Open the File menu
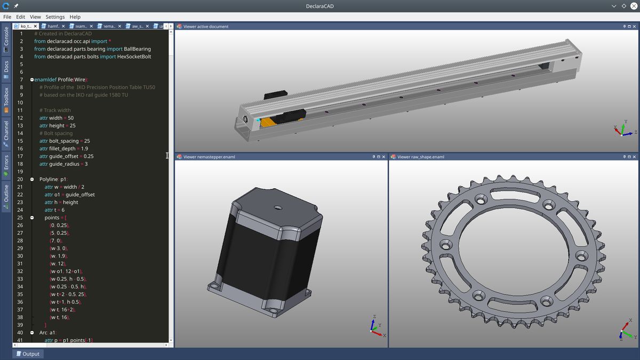coord(7,17)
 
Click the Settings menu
coord(55,17)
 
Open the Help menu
coord(75,17)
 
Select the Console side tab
coord(6,40)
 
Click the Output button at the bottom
coord(27,354)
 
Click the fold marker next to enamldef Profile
coord(32,79)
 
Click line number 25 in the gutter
coord(20,218)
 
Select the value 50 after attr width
coord(71,118)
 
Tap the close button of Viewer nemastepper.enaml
coord(383,157)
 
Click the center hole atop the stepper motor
coord(277,206)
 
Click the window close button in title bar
coord(633,6)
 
